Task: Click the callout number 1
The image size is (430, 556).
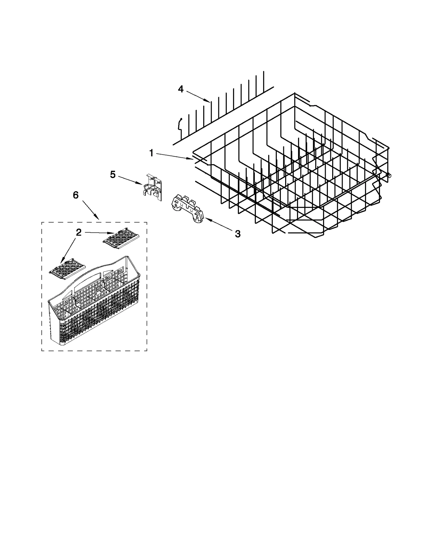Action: click(x=151, y=153)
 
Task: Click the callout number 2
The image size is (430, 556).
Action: click(x=78, y=232)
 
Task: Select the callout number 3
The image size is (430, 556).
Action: click(x=238, y=234)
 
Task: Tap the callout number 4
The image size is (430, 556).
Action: click(x=181, y=89)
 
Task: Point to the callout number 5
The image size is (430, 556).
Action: click(x=113, y=175)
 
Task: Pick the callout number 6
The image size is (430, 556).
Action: click(x=76, y=195)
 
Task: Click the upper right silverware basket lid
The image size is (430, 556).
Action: click(x=121, y=237)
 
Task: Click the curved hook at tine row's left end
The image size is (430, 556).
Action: click(x=179, y=124)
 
